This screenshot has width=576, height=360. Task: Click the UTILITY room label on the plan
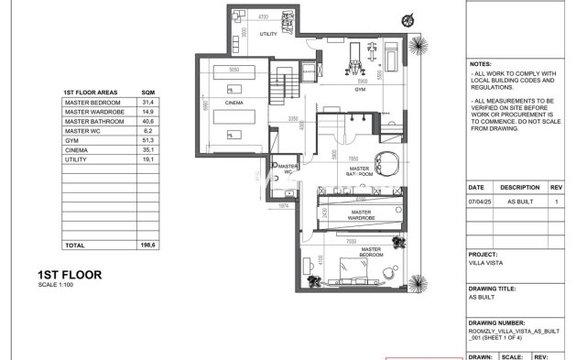pos(267,33)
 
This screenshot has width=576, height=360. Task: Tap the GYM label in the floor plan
pos(361,91)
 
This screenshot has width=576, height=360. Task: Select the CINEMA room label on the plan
pos(234,104)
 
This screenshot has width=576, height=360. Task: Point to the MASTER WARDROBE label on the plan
pos(362,216)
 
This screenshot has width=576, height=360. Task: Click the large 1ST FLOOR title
pos(70,274)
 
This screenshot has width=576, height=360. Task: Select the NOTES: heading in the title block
pos(482,65)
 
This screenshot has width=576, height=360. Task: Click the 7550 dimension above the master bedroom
pos(352,243)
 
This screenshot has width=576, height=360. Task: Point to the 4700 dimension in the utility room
pos(262,17)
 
